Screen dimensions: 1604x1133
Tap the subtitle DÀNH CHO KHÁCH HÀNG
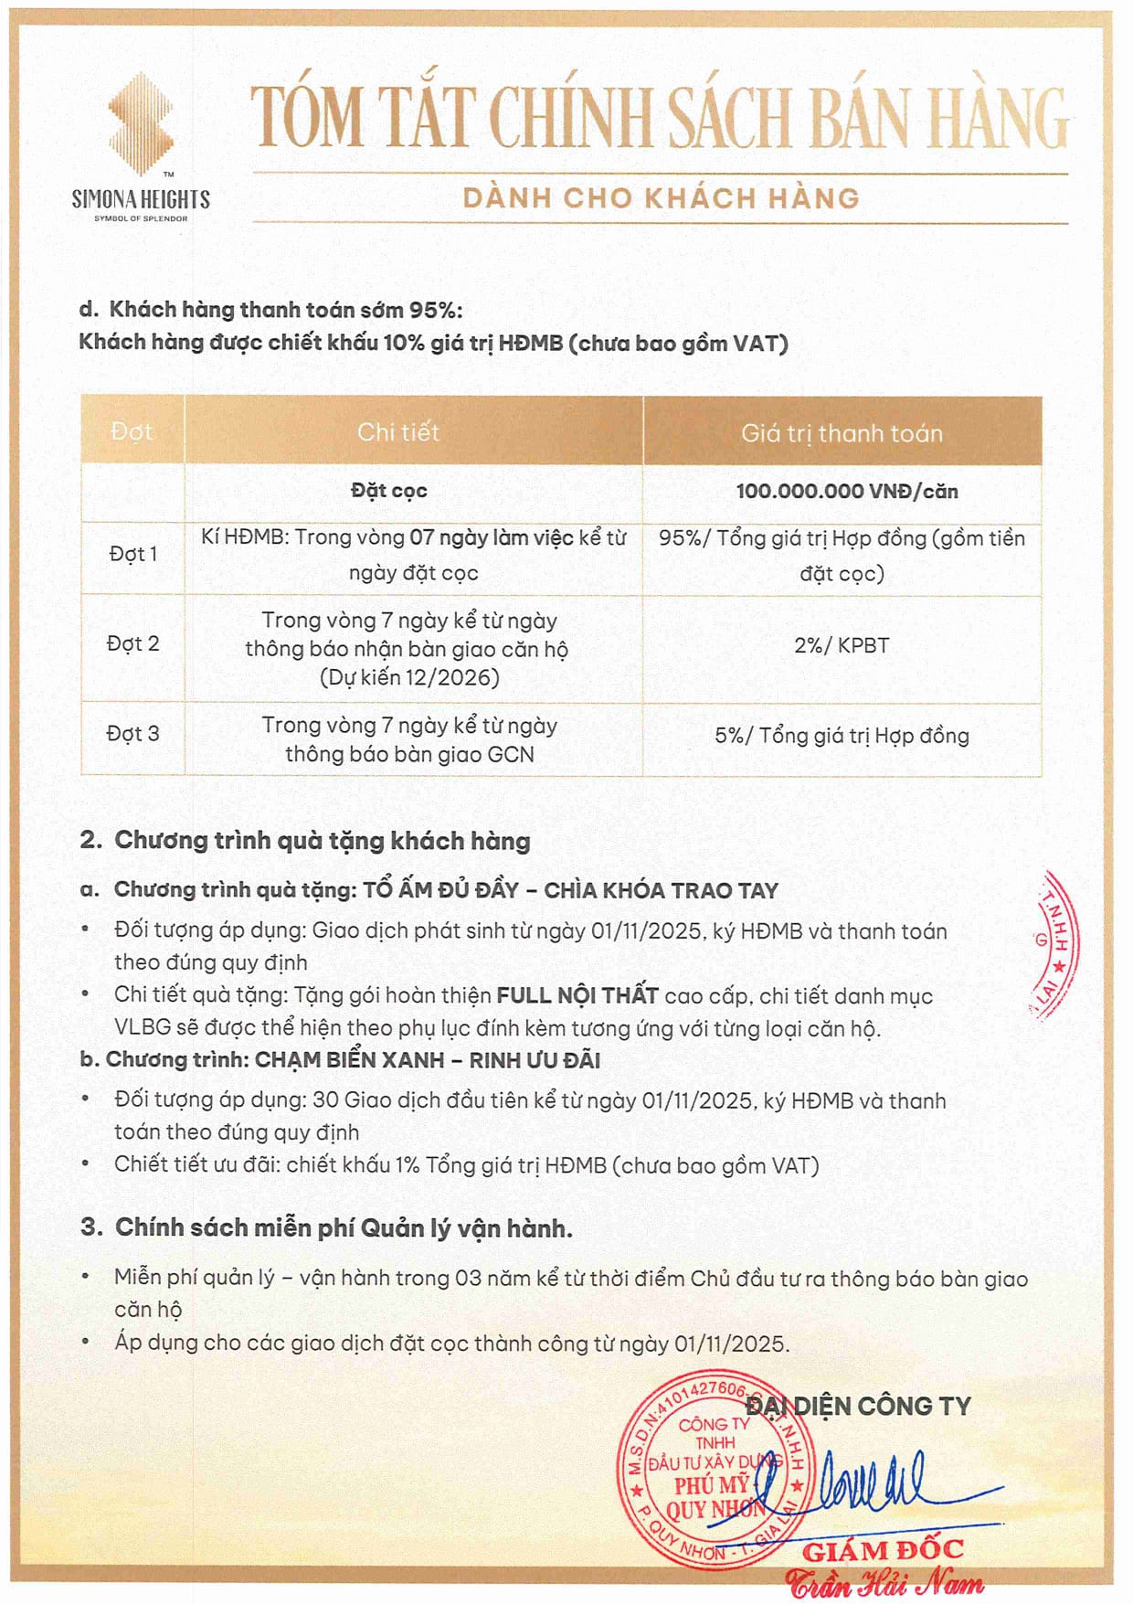pos(661,198)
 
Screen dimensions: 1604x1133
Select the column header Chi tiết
pos(398,431)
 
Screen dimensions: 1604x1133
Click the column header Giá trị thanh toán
pos(842,432)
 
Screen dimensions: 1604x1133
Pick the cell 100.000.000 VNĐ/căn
pos(847,491)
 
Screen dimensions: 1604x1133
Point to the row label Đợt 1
pos(133,554)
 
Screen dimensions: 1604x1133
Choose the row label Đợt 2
pos(133,643)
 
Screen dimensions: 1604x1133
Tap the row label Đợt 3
pos(133,733)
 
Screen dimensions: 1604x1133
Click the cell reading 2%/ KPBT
pos(842,645)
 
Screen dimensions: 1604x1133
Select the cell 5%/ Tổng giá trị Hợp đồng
pos(842,735)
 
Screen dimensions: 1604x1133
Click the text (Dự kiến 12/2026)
pos(409,677)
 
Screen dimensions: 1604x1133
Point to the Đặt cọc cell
pos(389,491)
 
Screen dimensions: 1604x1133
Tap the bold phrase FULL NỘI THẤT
pos(577,994)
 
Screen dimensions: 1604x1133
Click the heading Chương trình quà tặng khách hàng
pos(322,840)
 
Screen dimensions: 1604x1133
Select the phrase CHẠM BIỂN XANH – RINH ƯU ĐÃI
pos(428,1060)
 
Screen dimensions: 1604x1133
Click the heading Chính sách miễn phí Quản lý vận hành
pos(344,1227)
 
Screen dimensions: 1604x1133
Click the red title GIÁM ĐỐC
pos(883,1550)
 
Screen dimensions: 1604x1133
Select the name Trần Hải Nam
pos(884,1583)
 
